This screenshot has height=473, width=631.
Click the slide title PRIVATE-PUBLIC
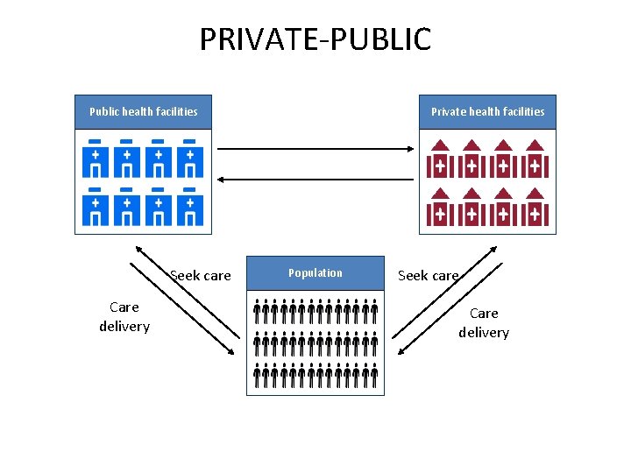pos(315,39)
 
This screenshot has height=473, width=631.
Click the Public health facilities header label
pos(143,111)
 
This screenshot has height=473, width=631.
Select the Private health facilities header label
pos(487,111)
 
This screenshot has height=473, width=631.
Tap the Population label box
pos(315,272)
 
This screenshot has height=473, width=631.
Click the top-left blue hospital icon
pos(95,159)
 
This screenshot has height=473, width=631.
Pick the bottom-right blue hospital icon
pos(188,206)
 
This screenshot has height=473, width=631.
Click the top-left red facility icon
pos(440,159)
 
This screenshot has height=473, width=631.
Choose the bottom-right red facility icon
pos(535,208)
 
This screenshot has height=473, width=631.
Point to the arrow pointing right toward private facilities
pos(315,149)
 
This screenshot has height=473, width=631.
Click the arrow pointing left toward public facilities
pos(315,179)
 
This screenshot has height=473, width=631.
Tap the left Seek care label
pos(201,276)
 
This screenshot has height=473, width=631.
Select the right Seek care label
pos(429,276)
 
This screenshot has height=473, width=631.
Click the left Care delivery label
pos(124,316)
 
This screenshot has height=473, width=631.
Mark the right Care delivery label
pos(484,322)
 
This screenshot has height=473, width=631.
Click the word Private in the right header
pos(450,111)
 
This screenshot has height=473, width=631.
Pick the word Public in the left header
pos(104,111)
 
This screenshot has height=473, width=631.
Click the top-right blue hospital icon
pos(188,159)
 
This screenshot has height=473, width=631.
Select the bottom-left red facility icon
pos(440,208)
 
